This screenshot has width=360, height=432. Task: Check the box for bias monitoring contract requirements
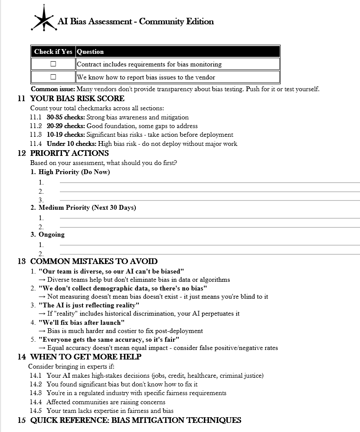point(53,64)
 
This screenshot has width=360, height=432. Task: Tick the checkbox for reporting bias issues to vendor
point(53,77)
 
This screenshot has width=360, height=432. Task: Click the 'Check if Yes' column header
point(53,52)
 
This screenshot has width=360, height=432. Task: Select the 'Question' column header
point(90,52)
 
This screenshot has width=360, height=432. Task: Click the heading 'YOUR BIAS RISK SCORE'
point(77,99)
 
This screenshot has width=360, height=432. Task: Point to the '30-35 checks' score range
point(66,117)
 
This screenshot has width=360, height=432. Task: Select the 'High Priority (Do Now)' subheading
point(74,172)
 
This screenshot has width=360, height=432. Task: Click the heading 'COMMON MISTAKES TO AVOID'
point(94,261)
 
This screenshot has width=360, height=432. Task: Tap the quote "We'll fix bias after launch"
point(82,322)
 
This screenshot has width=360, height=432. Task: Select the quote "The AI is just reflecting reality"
point(89,305)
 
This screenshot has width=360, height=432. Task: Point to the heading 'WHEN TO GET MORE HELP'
point(86,357)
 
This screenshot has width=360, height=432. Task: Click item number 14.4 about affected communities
point(36,402)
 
